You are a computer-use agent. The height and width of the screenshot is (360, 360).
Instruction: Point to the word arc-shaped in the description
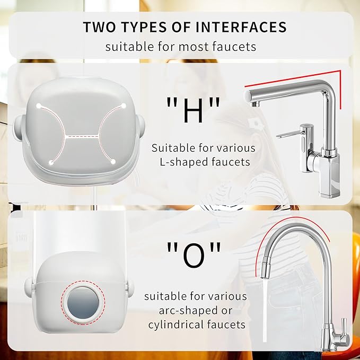tap(174, 310)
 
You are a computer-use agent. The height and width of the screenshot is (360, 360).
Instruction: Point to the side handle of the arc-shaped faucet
tap(344, 324)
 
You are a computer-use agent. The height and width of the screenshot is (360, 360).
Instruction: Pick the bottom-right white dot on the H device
tap(115, 161)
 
